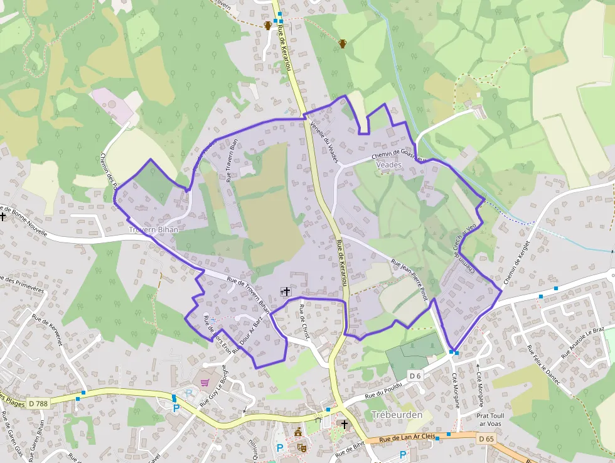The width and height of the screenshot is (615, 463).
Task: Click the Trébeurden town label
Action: [x=397, y=415]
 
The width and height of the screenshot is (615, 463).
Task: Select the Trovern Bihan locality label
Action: [x=154, y=230]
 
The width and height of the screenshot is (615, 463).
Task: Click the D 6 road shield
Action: [x=414, y=376]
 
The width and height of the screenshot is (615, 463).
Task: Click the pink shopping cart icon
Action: [x=205, y=382]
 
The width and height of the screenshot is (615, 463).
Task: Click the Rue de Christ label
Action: [x=305, y=322]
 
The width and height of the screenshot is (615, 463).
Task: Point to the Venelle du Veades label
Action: [x=324, y=141]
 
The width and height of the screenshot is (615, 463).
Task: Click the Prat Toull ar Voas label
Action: [x=491, y=419]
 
